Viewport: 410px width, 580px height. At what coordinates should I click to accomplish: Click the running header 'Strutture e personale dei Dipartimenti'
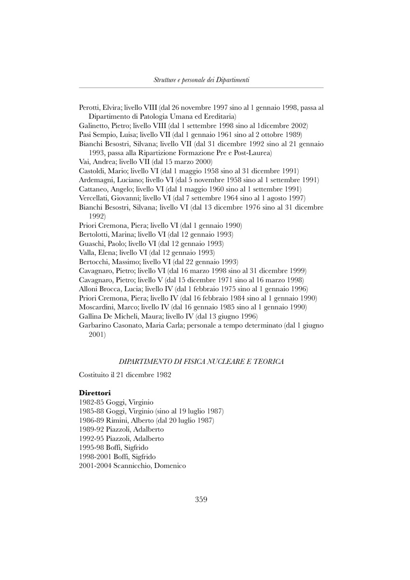click(201, 79)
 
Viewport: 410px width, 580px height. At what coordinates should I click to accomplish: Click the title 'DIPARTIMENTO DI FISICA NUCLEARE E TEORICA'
click(201, 362)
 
